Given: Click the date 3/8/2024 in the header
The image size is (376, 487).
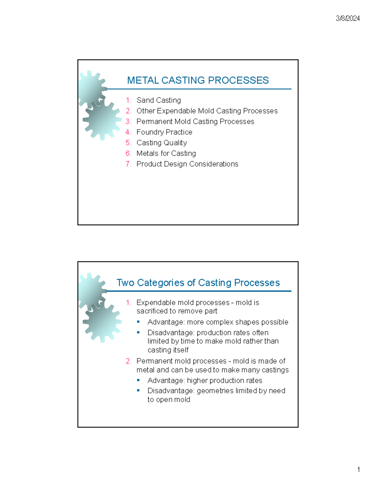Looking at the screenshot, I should coord(347,19).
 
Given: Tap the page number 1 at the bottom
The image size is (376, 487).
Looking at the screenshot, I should coord(358,469).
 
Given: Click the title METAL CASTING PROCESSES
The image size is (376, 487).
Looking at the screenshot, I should coord(198,80).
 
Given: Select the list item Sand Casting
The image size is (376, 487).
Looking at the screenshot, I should coord(159,100).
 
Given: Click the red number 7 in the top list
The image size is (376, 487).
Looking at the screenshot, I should coord(128,164).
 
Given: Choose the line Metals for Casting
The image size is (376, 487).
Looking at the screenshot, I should coord(166,153).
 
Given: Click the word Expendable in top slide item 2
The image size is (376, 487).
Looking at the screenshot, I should coord(176,111).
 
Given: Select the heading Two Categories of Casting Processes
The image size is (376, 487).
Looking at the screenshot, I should coord(198,283).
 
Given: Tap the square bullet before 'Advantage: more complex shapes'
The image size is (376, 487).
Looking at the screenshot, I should coord(138,322).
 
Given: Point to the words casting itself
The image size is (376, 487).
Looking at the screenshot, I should coord(168,350).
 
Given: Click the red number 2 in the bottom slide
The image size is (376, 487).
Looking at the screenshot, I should coord(128,361).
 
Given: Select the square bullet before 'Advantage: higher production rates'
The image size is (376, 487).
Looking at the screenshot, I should coord(138,380).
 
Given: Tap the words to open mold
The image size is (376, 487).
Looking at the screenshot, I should coord(169,400).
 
